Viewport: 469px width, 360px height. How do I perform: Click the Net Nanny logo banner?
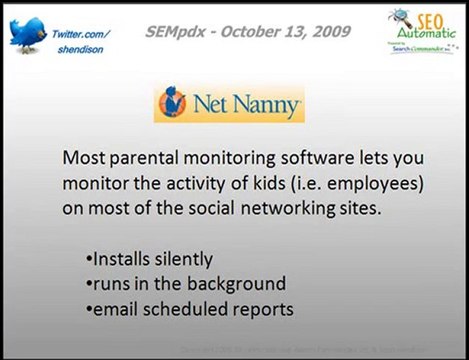[228, 103]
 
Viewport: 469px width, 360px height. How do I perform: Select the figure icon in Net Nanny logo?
[174, 103]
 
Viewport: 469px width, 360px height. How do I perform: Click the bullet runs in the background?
[185, 284]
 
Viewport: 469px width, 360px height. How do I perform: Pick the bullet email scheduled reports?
[190, 309]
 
